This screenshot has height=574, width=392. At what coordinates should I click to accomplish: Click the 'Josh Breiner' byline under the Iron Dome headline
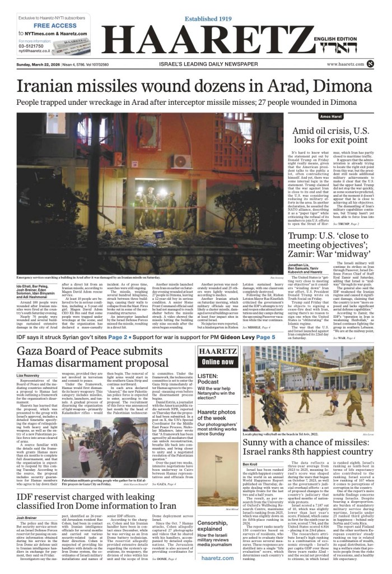click(27, 517)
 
